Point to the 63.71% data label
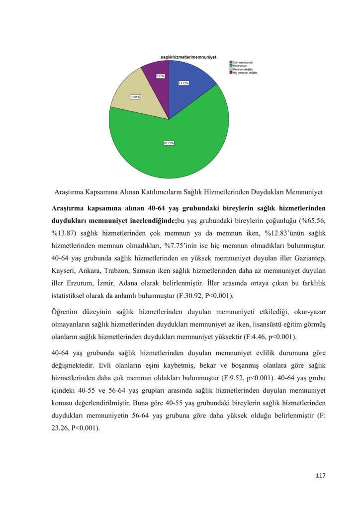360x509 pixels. point(169,143)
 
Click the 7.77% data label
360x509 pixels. point(161,76)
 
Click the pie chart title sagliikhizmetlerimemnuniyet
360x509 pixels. point(188,57)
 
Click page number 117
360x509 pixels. point(320,476)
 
